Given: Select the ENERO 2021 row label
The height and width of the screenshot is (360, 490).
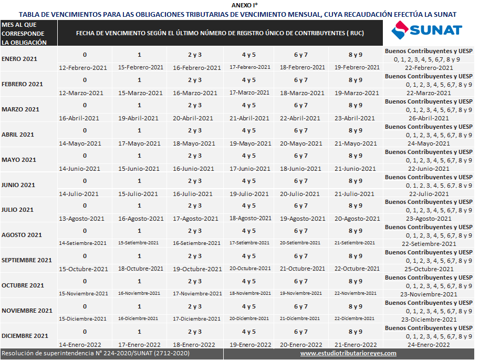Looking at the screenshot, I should (x=19, y=59).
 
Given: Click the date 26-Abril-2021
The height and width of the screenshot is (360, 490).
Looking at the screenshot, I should (x=429, y=118).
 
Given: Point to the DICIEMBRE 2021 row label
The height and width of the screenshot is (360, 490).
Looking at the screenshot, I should (x=25, y=336).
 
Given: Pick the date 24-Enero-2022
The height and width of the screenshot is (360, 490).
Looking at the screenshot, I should (x=429, y=345).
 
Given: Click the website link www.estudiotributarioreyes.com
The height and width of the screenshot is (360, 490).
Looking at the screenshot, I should (x=348, y=354).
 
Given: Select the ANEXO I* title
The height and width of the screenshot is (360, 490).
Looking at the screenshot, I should (x=245, y=5).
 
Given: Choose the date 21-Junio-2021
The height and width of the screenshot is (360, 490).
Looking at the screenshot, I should (x=355, y=169).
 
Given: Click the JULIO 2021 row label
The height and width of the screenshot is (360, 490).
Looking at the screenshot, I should (x=17, y=210).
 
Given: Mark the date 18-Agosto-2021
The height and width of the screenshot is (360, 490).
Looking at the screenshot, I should (x=250, y=218).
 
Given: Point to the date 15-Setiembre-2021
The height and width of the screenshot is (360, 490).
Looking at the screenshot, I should (x=138, y=243).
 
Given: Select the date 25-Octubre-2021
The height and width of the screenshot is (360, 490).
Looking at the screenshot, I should (x=429, y=269).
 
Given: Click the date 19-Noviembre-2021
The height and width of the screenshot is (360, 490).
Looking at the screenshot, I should (x=300, y=293).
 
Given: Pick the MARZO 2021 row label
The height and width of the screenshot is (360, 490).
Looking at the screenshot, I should (x=20, y=109).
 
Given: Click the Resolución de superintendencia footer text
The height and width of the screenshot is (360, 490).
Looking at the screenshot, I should (x=96, y=354).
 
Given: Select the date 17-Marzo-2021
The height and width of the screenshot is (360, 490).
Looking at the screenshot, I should (x=249, y=93).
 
